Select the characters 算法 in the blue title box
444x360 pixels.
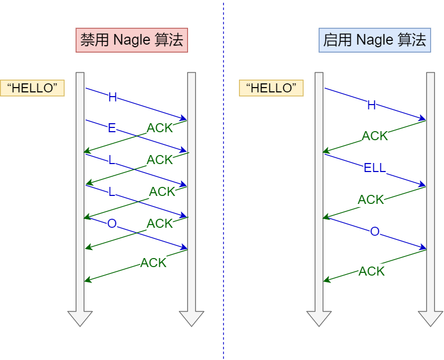413,40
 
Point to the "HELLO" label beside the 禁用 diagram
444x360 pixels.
32,88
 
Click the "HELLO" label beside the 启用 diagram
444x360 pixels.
271,88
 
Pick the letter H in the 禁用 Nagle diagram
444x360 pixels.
112,97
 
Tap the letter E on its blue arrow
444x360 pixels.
112,128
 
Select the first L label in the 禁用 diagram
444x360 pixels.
112,160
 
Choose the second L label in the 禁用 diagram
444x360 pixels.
112,192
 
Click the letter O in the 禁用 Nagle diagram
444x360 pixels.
112,224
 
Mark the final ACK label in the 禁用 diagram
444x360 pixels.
153,262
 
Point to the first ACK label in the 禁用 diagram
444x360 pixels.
160,128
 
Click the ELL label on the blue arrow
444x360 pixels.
374,169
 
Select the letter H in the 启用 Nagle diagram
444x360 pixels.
372,105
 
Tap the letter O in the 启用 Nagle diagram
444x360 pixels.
375,232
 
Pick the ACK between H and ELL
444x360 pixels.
375,136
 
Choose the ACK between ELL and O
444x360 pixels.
371,200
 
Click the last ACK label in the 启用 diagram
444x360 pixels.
371,271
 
